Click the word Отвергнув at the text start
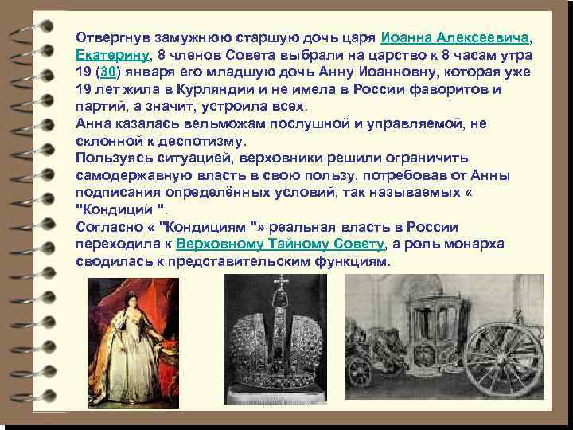point(110,37)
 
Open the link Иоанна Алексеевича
point(455,37)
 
